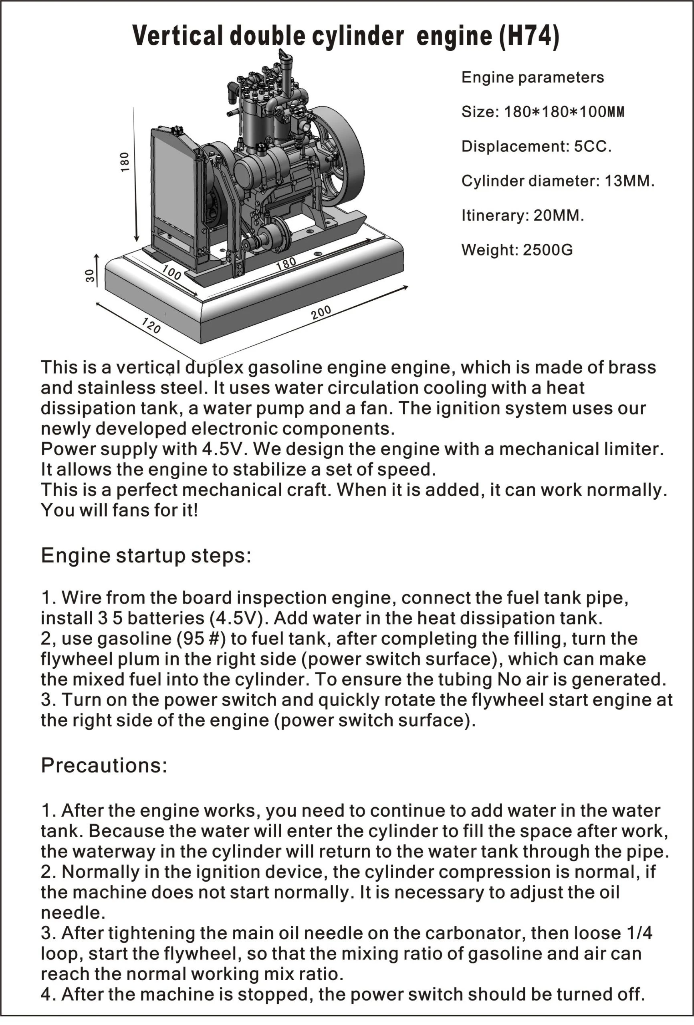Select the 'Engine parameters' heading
coord(533,78)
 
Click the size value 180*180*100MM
coord(564,112)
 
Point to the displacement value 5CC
coord(593,147)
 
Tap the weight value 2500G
coord(547,250)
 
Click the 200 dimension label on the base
coord(321,312)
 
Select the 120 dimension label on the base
coord(151,326)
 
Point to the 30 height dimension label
coord(90,276)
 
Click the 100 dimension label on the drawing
coord(171,273)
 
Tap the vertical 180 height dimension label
coord(125,162)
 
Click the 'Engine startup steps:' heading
coord(146,555)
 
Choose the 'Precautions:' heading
coord(104,765)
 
